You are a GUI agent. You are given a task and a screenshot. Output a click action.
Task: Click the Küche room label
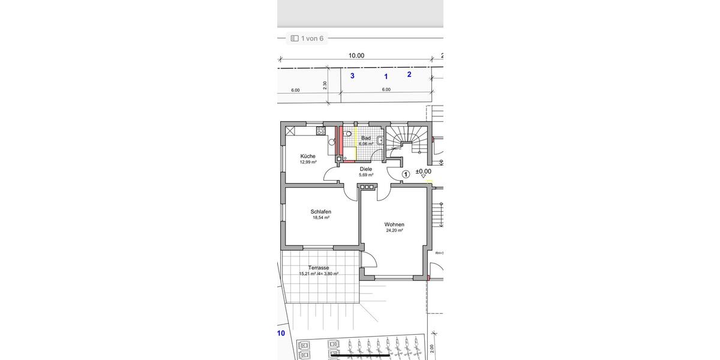(x=308, y=156)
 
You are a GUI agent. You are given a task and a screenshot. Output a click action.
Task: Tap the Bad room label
(x=365, y=138)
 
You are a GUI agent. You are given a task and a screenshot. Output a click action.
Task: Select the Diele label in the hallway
(x=366, y=169)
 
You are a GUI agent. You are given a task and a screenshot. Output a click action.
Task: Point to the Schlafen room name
(x=321, y=212)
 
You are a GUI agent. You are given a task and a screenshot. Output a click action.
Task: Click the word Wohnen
(x=394, y=224)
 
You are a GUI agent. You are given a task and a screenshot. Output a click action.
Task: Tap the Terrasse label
(x=319, y=268)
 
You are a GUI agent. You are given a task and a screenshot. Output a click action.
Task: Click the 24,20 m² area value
(x=394, y=230)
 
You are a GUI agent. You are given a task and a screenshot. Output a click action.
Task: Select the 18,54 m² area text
(x=321, y=218)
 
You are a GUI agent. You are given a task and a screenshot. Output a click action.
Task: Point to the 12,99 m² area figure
(x=308, y=162)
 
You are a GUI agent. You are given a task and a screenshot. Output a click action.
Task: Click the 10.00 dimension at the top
(x=356, y=56)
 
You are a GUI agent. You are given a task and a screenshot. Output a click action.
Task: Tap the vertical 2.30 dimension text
(x=325, y=85)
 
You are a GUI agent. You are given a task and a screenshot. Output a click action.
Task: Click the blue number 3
(x=352, y=76)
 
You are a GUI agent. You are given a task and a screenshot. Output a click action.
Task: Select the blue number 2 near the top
(x=409, y=74)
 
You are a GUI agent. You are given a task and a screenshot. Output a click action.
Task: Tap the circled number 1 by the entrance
(x=406, y=174)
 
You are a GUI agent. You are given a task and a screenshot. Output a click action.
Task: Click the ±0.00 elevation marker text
(x=424, y=171)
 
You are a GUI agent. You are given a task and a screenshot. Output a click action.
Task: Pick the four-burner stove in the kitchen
(x=320, y=130)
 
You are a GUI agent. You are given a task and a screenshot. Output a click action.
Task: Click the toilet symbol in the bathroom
(x=348, y=134)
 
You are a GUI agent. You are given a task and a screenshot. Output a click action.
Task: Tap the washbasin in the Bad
(x=380, y=140)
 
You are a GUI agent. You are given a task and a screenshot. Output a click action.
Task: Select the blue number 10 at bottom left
(x=281, y=333)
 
